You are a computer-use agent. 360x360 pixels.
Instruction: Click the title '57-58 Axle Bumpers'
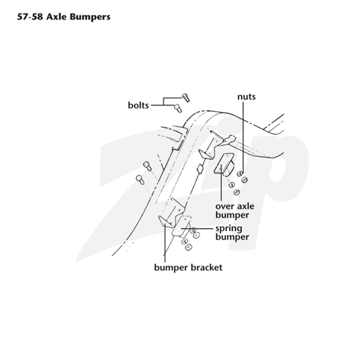pyautogui.click(x=63, y=17)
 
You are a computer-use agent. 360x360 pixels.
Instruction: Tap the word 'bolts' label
pyautogui.click(x=138, y=105)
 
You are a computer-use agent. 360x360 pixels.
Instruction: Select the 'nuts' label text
pyautogui.click(x=246, y=97)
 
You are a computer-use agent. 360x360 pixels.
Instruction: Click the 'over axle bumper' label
pyautogui.click(x=234, y=211)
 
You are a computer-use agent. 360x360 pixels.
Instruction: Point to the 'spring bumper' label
pyautogui.click(x=232, y=233)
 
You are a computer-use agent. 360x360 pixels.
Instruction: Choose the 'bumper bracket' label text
pyautogui.click(x=188, y=267)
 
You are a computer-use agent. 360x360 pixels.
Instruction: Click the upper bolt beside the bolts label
pyautogui.click(x=186, y=97)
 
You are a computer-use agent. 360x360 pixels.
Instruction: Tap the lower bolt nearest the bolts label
pyautogui.click(x=178, y=108)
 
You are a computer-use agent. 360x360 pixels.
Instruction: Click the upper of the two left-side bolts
pyautogui.click(x=147, y=166)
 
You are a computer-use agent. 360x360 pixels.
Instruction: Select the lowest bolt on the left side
pyautogui.click(x=140, y=180)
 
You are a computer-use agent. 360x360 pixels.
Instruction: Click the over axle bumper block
pyautogui.click(x=223, y=163)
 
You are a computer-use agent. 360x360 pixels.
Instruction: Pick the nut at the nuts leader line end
pyautogui.click(x=240, y=174)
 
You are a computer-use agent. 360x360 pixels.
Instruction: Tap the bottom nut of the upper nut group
pyautogui.click(x=236, y=192)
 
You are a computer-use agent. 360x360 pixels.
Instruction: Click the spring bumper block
pyautogui.click(x=181, y=227)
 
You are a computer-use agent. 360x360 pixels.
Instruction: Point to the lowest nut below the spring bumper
pyautogui.click(x=189, y=247)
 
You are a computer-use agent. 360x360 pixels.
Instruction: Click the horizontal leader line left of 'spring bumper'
pyautogui.click(x=197, y=229)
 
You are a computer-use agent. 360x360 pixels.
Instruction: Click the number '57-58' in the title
pyautogui.click(x=30, y=17)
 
